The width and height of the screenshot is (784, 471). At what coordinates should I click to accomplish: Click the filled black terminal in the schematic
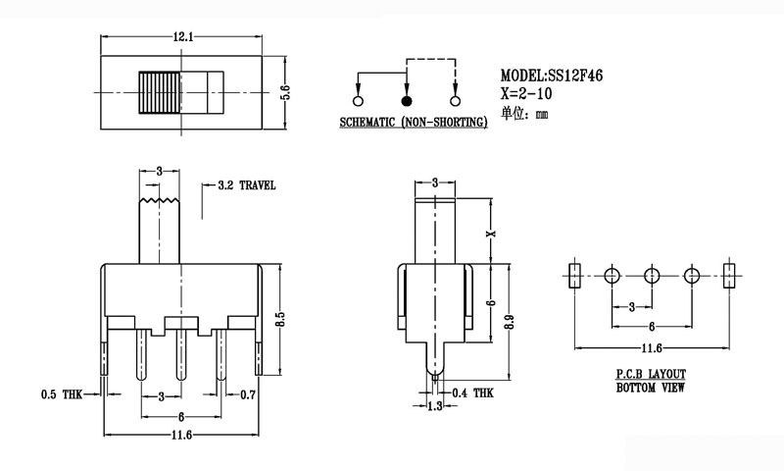[x=406, y=100]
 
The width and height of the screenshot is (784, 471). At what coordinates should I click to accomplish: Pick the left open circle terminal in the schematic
[x=357, y=100]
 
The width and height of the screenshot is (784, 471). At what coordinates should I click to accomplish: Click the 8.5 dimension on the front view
[x=279, y=320]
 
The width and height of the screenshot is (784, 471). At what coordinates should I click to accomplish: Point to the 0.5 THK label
[x=61, y=394]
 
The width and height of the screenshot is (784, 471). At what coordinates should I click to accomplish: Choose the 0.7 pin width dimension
[x=249, y=394]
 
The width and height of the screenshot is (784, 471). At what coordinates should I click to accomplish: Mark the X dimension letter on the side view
[x=493, y=234]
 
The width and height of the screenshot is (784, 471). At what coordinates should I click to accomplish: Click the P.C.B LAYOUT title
[x=651, y=375]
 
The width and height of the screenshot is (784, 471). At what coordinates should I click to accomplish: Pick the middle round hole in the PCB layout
[x=652, y=275]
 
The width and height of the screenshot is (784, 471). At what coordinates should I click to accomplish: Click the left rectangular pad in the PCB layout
[x=575, y=275]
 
